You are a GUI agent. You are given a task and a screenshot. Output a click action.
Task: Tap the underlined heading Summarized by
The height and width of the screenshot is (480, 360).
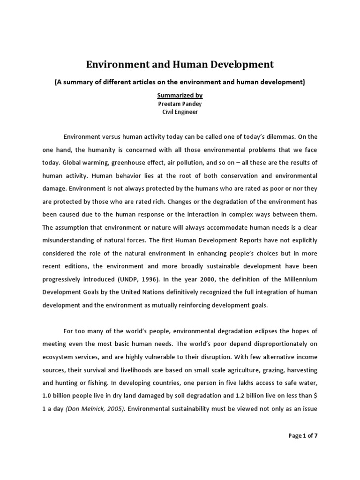[x=180, y=95]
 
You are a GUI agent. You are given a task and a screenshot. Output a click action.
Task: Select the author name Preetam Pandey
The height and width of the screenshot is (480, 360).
[x=180, y=104]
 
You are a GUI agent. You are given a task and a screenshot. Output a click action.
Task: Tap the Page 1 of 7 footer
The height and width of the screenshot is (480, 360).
[x=303, y=435]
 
